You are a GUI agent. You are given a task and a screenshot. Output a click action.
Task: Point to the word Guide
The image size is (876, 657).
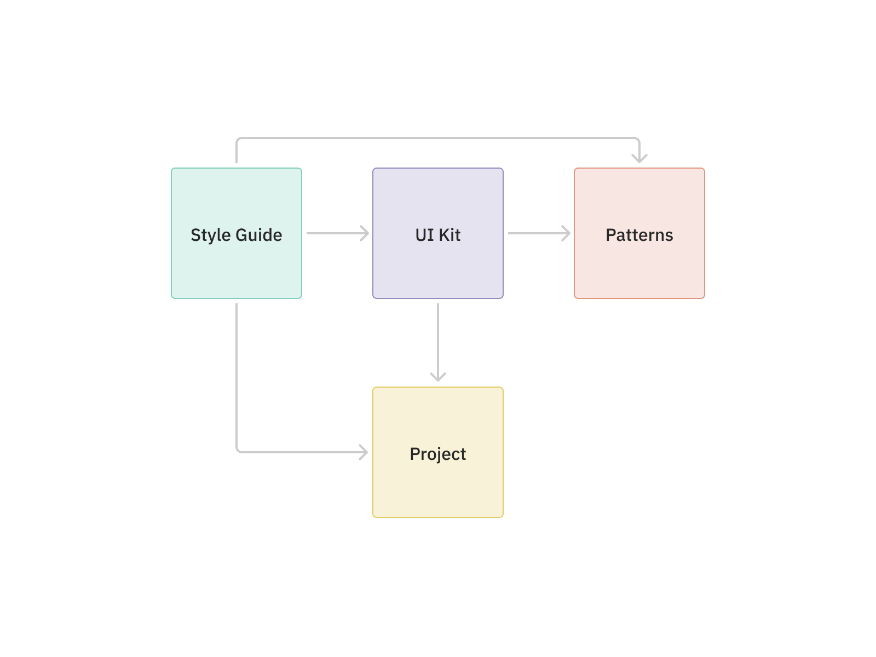coord(259,235)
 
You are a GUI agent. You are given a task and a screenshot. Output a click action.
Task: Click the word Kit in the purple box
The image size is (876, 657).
coord(449,235)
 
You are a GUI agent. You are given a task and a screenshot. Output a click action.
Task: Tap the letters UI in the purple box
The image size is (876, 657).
coord(424,235)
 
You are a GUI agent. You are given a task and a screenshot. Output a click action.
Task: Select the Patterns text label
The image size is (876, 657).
coord(639,235)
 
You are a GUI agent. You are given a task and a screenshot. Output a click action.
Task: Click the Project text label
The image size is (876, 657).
coord(438,454)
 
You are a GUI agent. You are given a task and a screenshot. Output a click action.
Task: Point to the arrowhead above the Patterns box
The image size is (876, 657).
coord(639,159)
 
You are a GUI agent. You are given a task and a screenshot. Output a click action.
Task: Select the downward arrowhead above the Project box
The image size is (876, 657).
coord(438,377)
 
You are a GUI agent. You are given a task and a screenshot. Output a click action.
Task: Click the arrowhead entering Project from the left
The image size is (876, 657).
coord(364,452)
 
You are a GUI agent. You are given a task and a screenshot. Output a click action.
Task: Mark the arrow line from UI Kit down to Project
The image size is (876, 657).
coord(438,339)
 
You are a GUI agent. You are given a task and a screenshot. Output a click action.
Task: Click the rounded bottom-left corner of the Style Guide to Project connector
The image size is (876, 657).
coord(238,451)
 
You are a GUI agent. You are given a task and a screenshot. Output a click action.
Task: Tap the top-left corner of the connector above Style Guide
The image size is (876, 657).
coord(238,140)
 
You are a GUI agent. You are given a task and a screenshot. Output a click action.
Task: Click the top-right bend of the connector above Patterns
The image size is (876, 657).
coord(638,140)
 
